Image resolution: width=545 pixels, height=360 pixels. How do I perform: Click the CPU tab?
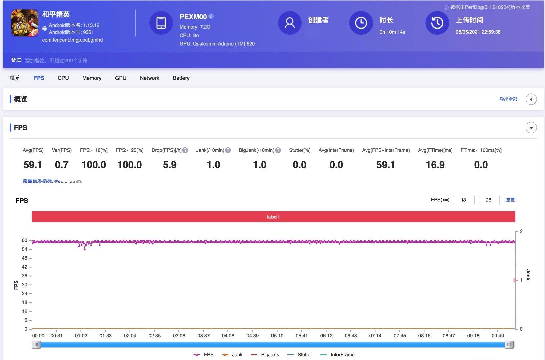tap(63, 78)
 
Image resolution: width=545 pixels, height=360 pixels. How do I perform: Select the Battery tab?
tap(181, 78)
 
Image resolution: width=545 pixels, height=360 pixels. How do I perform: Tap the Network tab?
tap(149, 78)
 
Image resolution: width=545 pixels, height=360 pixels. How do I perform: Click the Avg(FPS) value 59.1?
tap(33, 165)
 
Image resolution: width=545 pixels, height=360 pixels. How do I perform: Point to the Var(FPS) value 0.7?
tap(62, 165)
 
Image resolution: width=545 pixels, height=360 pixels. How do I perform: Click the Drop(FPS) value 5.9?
tap(170, 165)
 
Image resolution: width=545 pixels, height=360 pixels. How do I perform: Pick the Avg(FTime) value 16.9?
tap(435, 165)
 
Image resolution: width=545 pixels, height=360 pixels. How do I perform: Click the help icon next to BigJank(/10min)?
tap(278, 150)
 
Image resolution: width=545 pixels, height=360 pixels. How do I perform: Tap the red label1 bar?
tap(273, 217)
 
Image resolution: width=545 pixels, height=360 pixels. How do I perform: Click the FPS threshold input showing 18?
tap(463, 200)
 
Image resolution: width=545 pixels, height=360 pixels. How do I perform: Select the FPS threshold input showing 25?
tap(488, 200)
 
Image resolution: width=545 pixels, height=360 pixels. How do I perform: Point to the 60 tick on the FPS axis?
tap(25, 240)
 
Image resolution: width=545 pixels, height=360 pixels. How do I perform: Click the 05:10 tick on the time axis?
tap(277, 336)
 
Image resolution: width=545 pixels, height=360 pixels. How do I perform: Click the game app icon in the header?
tap(25, 23)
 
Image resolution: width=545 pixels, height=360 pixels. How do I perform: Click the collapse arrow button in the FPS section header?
tap(531, 128)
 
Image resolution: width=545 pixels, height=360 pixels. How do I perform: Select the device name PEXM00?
tap(193, 17)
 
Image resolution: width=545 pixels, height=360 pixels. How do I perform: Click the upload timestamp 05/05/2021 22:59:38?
tap(478, 32)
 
